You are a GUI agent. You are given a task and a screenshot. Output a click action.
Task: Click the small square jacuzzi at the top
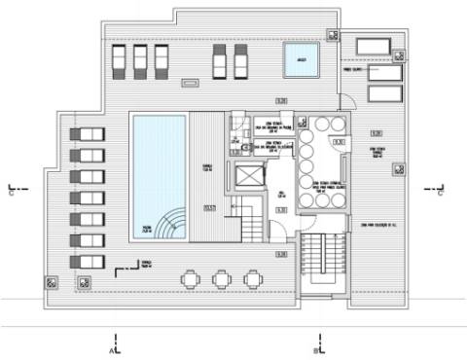pyautogui.click(x=300, y=61)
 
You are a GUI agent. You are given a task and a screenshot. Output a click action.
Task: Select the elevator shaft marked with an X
pyautogui.click(x=250, y=176)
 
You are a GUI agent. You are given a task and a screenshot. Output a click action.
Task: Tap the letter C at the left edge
pyautogui.click(x=11, y=192)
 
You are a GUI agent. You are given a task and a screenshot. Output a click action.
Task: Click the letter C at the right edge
pyautogui.click(x=441, y=192)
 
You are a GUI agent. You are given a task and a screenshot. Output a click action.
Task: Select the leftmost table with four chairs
pyautogui.click(x=189, y=279)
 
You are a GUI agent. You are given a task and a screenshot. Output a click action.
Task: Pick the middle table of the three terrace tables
pyautogui.click(x=220, y=279)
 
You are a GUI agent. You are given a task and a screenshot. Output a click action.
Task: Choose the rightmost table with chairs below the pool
pyautogui.click(x=252, y=279)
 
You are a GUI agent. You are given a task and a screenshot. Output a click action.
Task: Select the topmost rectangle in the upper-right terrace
pyautogui.click(x=373, y=46)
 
